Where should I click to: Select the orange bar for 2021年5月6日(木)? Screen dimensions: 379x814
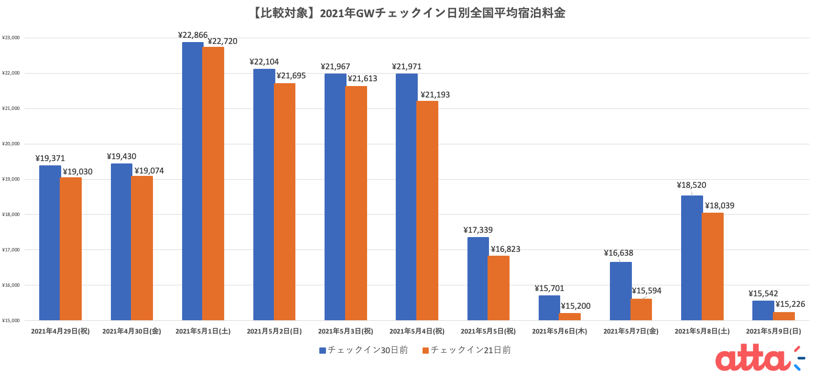(x=570, y=317)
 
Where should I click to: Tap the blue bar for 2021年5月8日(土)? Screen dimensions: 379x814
(x=691, y=258)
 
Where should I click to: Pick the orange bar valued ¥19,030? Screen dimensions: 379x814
(x=71, y=249)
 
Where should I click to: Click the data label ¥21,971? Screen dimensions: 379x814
(x=407, y=66)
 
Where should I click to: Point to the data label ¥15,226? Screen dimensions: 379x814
(x=790, y=304)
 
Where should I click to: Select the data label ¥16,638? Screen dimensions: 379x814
(x=619, y=253)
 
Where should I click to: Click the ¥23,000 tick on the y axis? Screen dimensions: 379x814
(x=11, y=38)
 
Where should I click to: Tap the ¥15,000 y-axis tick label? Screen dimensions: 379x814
(x=11, y=320)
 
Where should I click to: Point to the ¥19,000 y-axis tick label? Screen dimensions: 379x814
(x=11, y=179)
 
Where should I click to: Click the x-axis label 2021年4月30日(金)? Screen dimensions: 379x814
(x=131, y=331)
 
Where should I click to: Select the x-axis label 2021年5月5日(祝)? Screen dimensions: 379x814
(x=488, y=331)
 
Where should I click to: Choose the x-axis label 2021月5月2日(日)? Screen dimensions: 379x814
(x=274, y=331)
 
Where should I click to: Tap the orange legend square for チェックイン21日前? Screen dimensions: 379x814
(x=425, y=350)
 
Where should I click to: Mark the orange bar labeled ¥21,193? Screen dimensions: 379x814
(x=427, y=210)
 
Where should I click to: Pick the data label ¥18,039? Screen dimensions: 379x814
(x=719, y=206)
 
